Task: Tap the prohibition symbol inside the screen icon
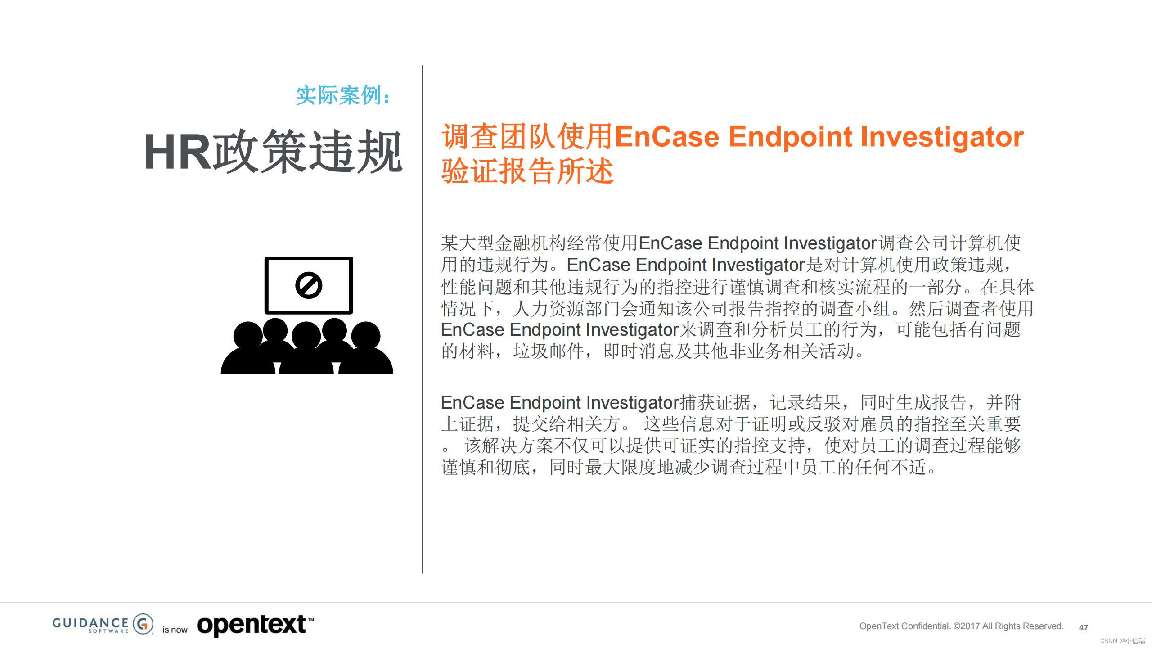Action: click(x=309, y=285)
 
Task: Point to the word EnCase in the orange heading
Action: click(x=667, y=137)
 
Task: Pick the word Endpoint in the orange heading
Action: click(x=790, y=137)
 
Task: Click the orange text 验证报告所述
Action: click(x=527, y=171)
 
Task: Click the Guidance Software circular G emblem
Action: click(x=143, y=624)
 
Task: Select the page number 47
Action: click(x=1084, y=627)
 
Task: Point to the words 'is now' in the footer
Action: click(x=175, y=630)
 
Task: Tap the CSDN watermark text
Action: click(x=1122, y=641)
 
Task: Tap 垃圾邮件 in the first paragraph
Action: click(x=549, y=351)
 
